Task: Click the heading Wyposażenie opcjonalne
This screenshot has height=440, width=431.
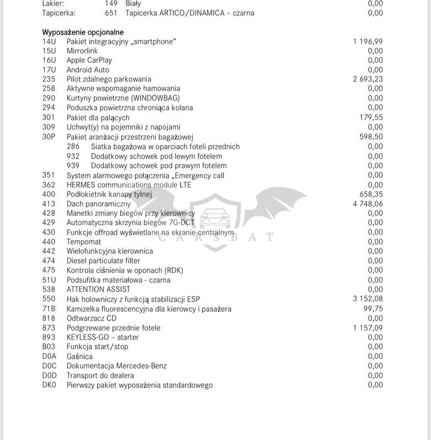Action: point(83,32)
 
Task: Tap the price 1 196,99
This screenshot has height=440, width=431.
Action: point(368,41)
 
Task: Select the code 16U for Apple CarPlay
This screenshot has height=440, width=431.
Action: point(49,60)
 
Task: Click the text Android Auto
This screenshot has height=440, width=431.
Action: point(88,70)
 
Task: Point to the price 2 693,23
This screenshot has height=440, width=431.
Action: point(368,79)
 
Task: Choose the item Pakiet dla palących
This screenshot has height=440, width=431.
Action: point(98,117)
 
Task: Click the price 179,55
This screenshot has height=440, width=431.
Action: point(371,117)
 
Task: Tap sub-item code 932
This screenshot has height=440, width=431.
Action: point(73,156)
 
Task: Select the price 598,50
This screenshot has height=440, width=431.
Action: point(371,137)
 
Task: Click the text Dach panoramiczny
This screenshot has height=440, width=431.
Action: point(99,204)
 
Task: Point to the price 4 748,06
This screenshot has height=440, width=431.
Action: point(368,204)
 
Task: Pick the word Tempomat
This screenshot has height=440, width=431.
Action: point(84,242)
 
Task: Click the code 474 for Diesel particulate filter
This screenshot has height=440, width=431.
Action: point(49,260)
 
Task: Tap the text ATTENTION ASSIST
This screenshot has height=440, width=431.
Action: point(99,289)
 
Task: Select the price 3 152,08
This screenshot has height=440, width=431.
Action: point(368,299)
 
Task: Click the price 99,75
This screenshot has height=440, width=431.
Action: point(373,309)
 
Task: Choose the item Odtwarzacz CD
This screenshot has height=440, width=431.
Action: point(91,318)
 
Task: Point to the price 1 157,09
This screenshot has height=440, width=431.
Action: point(368,328)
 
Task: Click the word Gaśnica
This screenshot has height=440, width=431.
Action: point(80,356)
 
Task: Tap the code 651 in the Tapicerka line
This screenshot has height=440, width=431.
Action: point(111,13)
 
